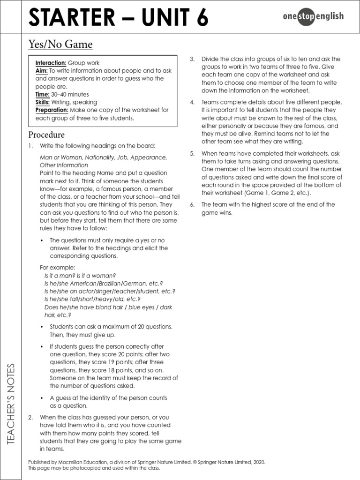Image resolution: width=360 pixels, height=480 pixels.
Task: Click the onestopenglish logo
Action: pyautogui.click(x=313, y=17)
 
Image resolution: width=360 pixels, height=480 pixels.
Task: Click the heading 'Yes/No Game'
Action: pyautogui.click(x=60, y=45)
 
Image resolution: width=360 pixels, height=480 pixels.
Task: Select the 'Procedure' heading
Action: pyautogui.click(x=46, y=135)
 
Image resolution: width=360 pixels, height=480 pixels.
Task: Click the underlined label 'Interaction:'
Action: pyautogui.click(x=51, y=63)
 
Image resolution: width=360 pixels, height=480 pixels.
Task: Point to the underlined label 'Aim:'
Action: pyautogui.click(x=42, y=71)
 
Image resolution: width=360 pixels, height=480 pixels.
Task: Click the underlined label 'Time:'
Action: pyautogui.click(x=43, y=94)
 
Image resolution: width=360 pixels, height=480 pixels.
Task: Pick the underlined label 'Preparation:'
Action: pyautogui.click(x=52, y=110)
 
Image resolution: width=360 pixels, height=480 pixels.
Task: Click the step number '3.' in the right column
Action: pyautogui.click(x=192, y=59)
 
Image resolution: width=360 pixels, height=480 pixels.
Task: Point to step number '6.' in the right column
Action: pyautogui.click(x=192, y=205)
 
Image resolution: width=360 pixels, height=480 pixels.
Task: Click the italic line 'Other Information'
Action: pyautogui.click(x=64, y=165)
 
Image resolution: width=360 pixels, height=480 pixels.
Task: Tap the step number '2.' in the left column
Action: pyautogui.click(x=30, y=417)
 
